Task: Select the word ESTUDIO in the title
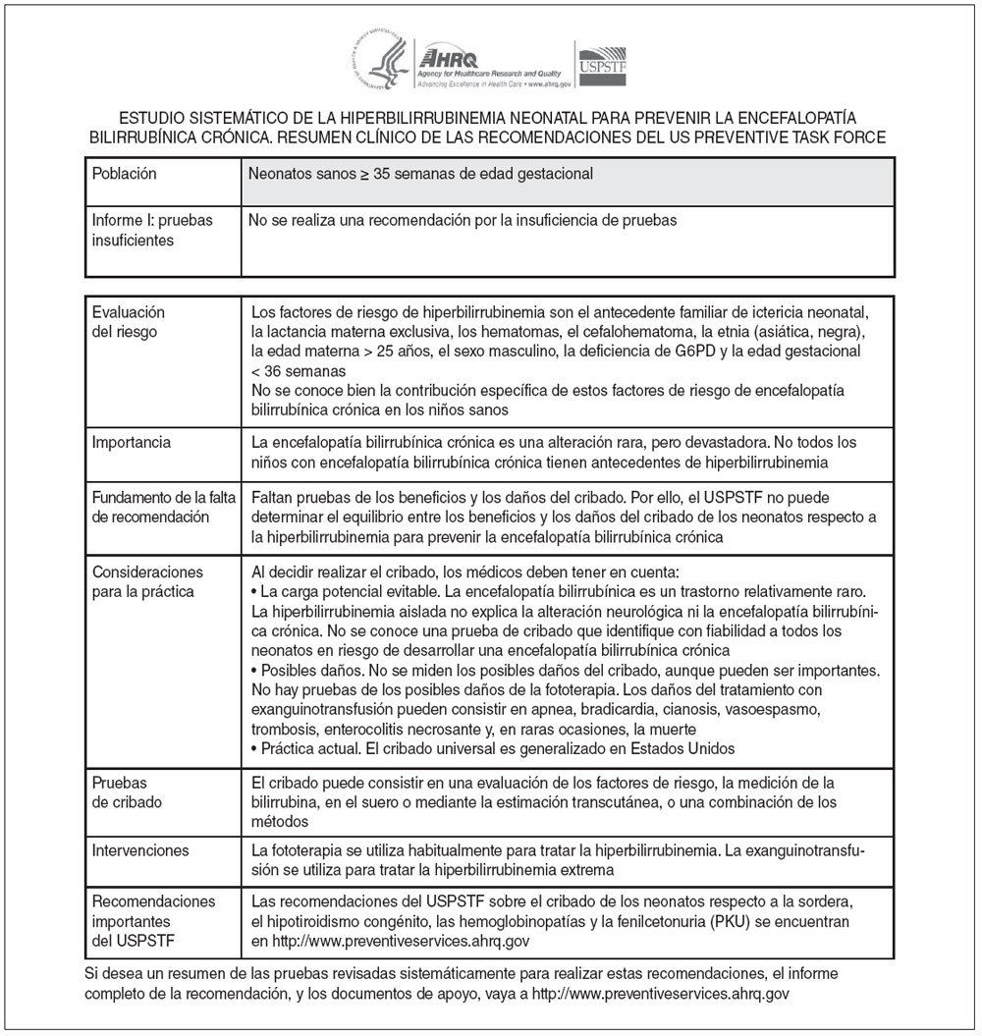(151, 115)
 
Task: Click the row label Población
(124, 174)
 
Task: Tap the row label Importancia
(131, 443)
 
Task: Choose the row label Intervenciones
(139, 848)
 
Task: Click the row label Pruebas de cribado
(127, 793)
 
